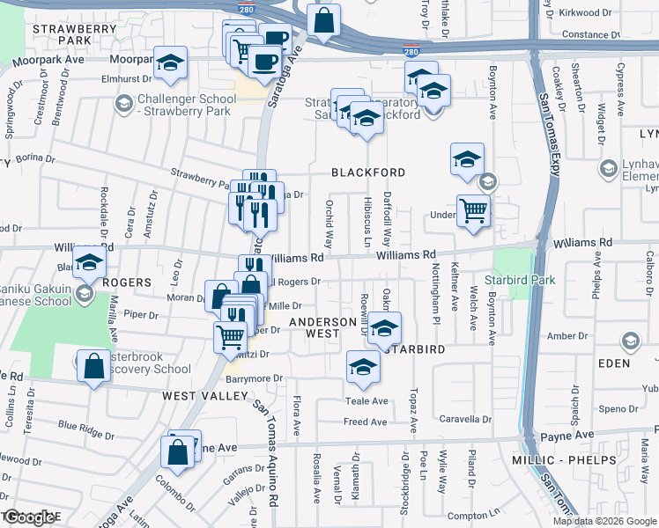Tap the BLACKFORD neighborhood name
coord(368,172)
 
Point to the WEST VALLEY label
coord(205,396)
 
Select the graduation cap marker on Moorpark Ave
coord(170,63)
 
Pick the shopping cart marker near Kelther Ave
coord(473,211)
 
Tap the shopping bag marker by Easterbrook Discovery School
coord(93,366)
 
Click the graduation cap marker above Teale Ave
coord(362,367)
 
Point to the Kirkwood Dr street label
coord(585,13)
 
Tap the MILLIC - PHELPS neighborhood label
coord(558,460)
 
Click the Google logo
coord(30,518)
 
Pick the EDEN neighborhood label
coord(616,363)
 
